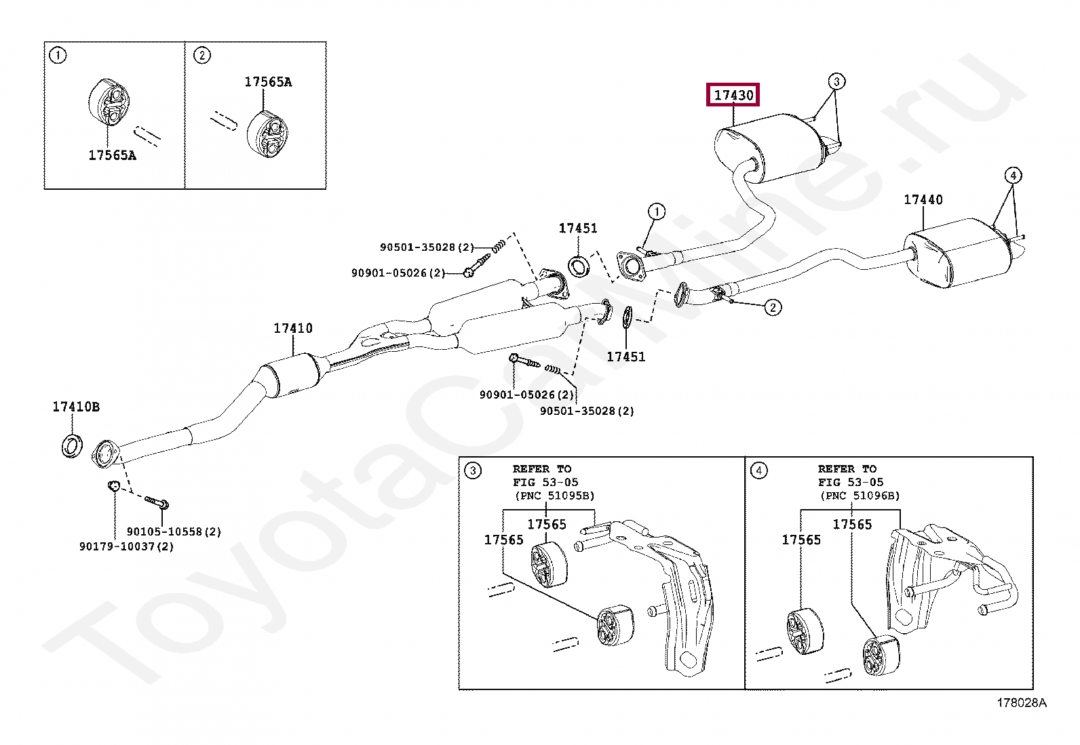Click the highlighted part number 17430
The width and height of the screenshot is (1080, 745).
point(733,95)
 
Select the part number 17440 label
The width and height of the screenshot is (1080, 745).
point(923,199)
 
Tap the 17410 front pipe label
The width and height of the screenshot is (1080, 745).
point(292,328)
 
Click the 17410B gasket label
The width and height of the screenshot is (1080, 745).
point(76,407)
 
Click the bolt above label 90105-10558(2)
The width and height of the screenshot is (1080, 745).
point(157,503)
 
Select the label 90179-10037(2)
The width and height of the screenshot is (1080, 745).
point(126,546)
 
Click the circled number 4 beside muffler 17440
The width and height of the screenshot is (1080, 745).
point(1012,176)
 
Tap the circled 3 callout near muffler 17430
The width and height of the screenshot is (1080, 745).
point(836,81)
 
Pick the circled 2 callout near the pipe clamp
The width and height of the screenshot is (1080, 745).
point(773,307)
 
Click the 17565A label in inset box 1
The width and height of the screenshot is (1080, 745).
point(112,155)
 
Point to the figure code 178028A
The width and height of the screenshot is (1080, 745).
point(1021,703)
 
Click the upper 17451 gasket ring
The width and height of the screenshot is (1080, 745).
point(579,265)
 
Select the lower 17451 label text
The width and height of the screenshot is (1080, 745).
point(625,357)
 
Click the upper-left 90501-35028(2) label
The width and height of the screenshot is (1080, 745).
point(427,247)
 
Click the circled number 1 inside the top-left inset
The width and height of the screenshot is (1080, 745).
point(58,55)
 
